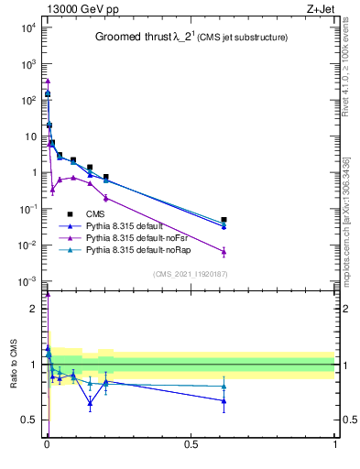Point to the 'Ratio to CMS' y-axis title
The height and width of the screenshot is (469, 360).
[14, 365]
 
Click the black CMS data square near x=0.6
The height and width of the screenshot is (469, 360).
[224, 220]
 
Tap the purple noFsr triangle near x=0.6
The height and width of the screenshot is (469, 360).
[224, 252]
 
